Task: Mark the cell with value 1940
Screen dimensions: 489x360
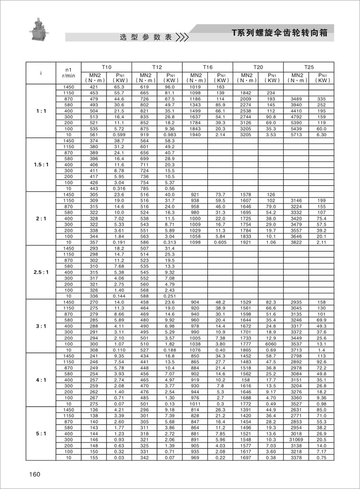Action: (x=195, y=135)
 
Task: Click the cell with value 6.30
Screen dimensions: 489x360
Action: (x=321, y=135)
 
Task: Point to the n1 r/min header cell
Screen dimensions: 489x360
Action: (x=69, y=73)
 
